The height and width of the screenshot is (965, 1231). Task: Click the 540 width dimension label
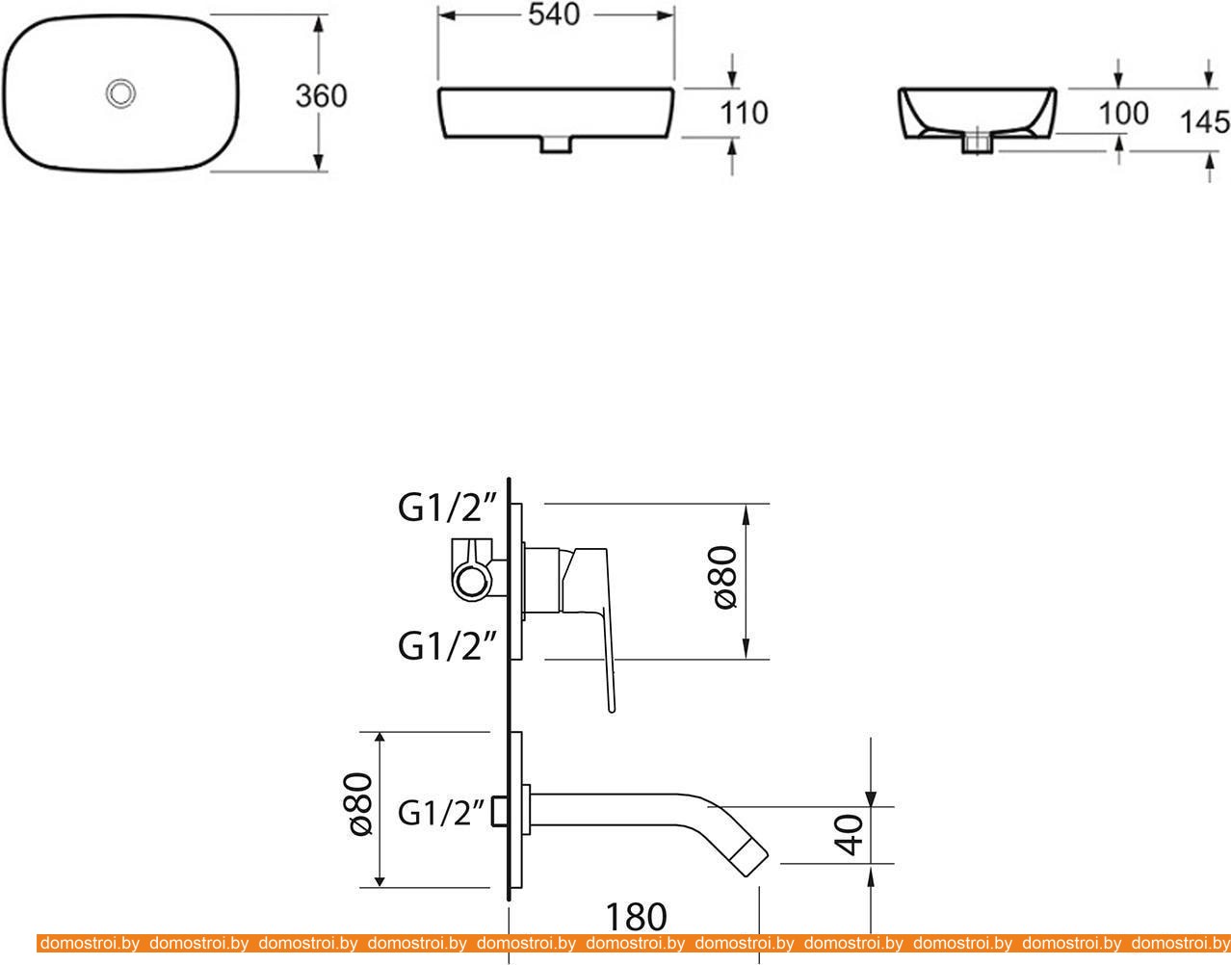(x=554, y=15)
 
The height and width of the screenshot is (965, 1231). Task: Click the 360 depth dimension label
(x=321, y=96)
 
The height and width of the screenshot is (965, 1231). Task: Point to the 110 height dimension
(x=744, y=113)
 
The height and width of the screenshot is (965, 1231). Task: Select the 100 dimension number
(x=1123, y=114)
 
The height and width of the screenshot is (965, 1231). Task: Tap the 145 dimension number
(x=1205, y=122)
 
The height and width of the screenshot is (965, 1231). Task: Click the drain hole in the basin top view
(x=120, y=92)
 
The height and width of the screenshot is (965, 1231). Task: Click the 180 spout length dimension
(x=636, y=917)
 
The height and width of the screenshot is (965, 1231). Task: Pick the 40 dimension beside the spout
(x=849, y=835)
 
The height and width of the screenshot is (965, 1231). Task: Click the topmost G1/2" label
(x=448, y=508)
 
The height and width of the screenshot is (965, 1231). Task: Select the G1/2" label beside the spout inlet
(x=442, y=813)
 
